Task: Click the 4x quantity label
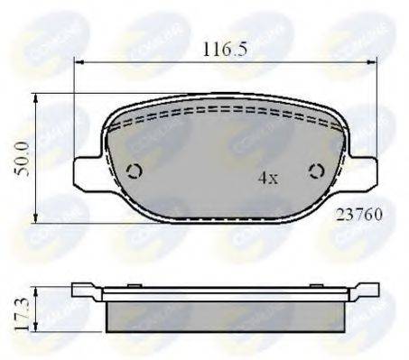(x=267, y=178)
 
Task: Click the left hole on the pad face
(x=135, y=171)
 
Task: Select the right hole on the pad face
(x=315, y=171)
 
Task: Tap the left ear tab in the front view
(x=85, y=171)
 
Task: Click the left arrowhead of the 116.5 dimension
(x=79, y=61)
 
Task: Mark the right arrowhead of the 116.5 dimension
(x=373, y=61)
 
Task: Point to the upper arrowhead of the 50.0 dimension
(x=35, y=97)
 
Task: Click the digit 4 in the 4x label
(x=262, y=178)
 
